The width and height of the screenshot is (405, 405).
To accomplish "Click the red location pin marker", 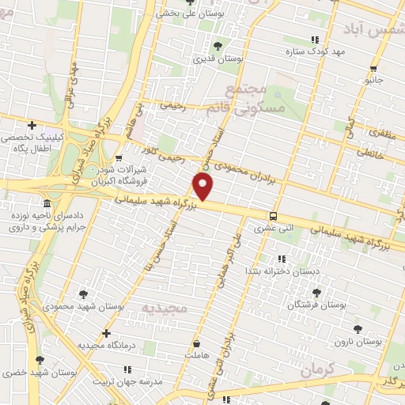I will [x=203, y=187].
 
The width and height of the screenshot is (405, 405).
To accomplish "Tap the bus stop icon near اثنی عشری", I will [x=273, y=216].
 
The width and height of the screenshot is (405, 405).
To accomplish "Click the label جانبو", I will [x=373, y=80].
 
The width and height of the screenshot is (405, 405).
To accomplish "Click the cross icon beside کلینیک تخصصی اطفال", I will [x=32, y=125].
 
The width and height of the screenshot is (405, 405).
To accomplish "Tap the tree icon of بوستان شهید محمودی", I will [x=83, y=294].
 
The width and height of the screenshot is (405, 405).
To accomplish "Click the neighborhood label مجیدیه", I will [x=165, y=306].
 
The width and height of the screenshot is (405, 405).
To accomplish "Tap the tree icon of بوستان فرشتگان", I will [x=316, y=293].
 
